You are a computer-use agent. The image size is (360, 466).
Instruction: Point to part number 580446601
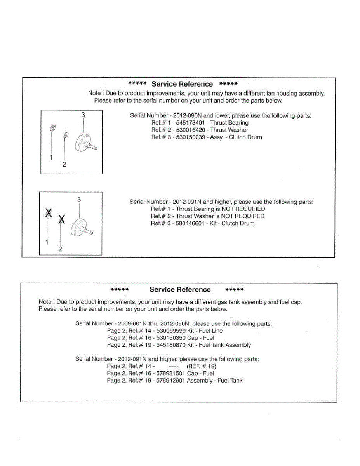(189, 223)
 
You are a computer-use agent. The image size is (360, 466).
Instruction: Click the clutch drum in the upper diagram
(84, 143)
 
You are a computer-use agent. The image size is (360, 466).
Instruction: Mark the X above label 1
(49, 212)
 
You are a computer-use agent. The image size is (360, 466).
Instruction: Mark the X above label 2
(61, 220)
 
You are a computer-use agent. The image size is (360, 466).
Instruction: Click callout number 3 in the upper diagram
(83, 115)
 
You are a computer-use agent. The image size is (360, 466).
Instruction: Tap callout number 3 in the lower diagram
(79, 199)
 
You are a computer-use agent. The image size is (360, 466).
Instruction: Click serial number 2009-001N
(132, 324)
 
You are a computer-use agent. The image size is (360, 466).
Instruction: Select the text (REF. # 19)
(201, 366)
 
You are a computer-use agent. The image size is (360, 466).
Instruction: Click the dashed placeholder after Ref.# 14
(174, 366)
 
